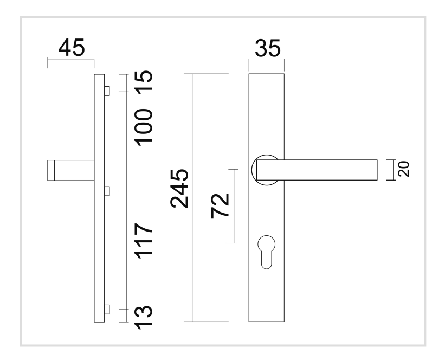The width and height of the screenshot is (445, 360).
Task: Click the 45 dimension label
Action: [71, 48]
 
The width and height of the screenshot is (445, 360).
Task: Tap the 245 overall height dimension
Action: [179, 188]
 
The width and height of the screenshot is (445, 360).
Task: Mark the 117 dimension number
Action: [143, 240]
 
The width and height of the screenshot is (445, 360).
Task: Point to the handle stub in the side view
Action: [70, 170]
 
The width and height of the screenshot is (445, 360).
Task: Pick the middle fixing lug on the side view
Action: [107, 191]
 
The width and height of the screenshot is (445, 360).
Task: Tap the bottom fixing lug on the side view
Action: [107, 310]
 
